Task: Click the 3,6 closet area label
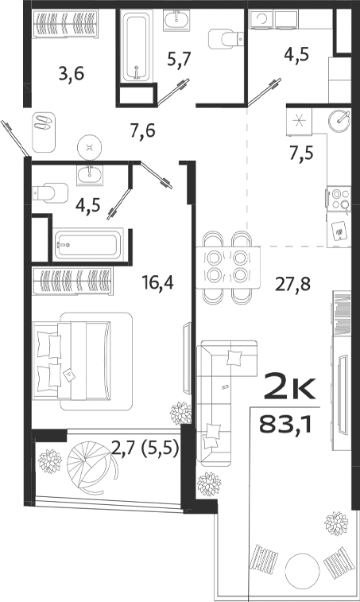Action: pos(72,76)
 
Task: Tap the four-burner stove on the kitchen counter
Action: pos(341,195)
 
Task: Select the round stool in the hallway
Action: pos(91,146)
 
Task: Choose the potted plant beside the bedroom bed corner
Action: pos(180,413)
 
